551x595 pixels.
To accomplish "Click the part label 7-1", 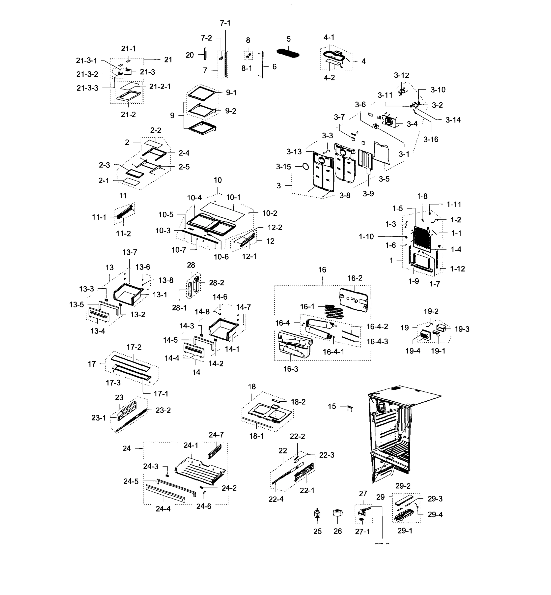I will pyautogui.click(x=225, y=23).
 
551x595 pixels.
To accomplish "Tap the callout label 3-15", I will pyautogui.click(x=283, y=167).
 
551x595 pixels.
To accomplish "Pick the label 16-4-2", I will pyautogui.click(x=377, y=327).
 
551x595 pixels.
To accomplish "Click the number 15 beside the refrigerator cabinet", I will pyautogui.click(x=332, y=406).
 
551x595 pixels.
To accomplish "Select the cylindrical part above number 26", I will pyautogui.click(x=337, y=513).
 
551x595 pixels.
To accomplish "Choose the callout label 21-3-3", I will pyautogui.click(x=87, y=88).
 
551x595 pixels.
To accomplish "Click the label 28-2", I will pyautogui.click(x=217, y=283).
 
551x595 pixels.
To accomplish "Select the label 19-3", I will pyautogui.click(x=462, y=329).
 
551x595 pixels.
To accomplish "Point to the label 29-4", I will pyautogui.click(x=435, y=514).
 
